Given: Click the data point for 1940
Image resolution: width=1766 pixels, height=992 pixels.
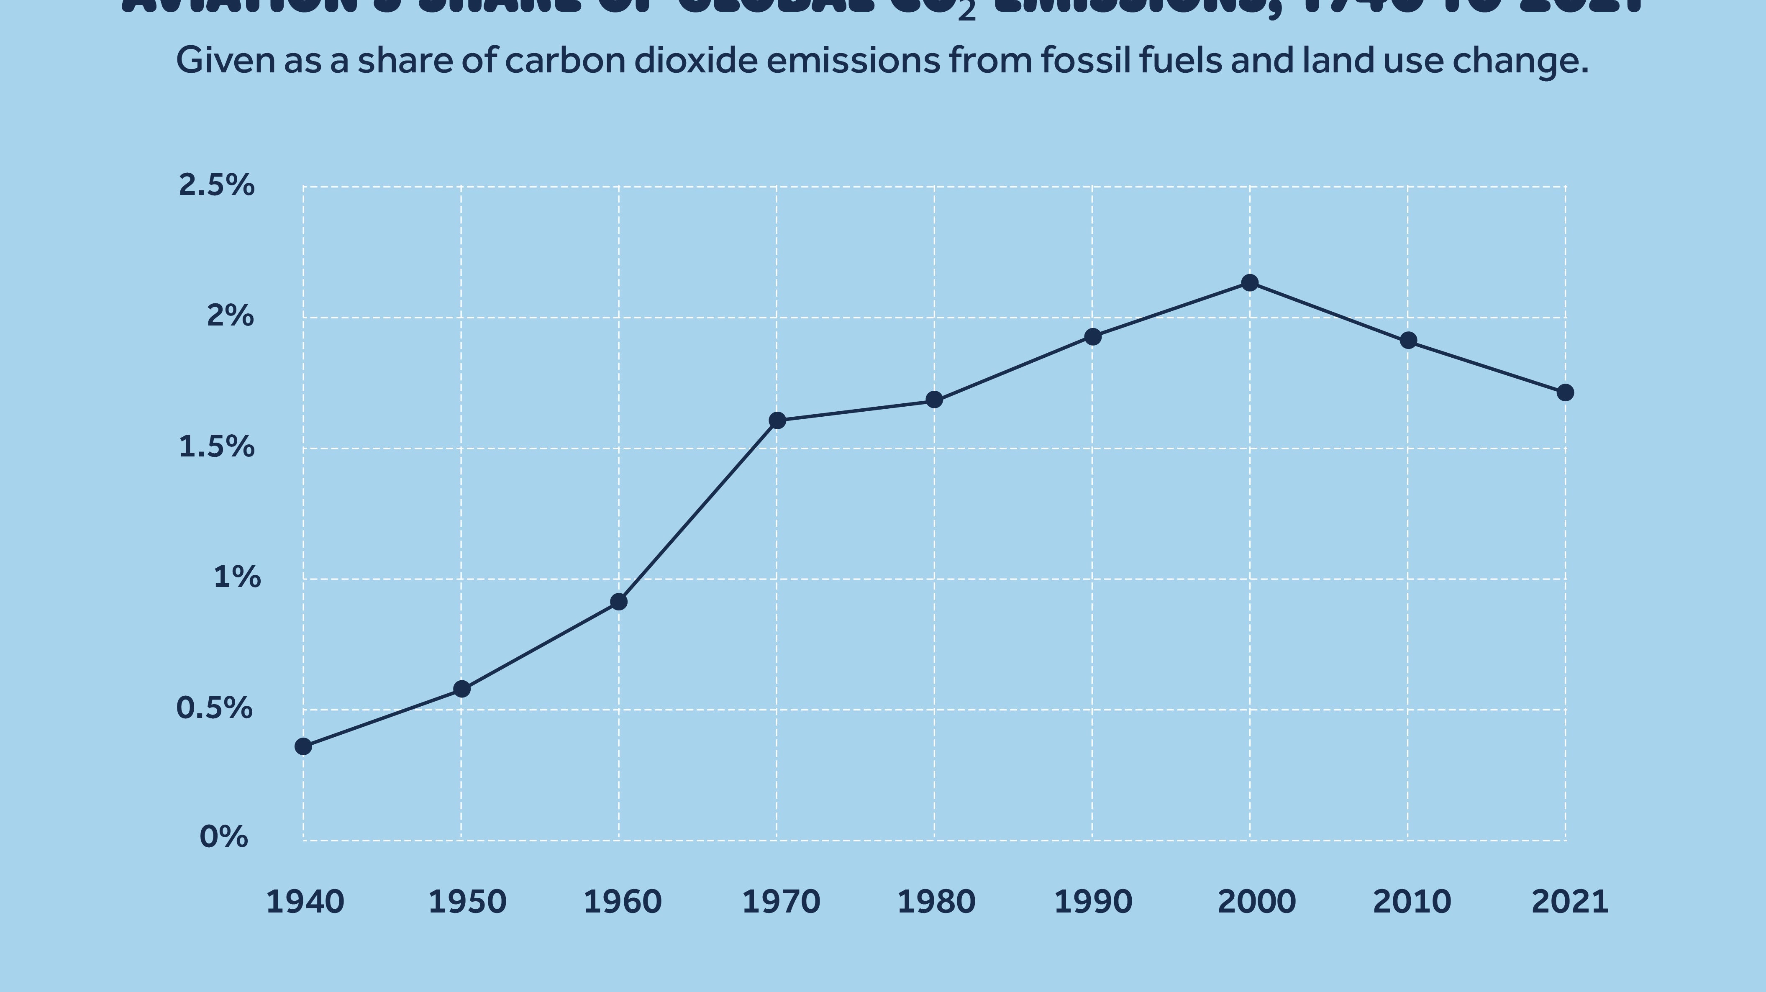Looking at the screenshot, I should click(x=303, y=746).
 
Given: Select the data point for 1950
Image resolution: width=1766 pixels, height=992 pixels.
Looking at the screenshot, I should click(x=462, y=689).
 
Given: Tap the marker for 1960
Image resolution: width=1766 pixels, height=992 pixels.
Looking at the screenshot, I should click(x=618, y=602).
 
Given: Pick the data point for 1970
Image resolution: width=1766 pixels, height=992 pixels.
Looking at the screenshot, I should click(x=777, y=420).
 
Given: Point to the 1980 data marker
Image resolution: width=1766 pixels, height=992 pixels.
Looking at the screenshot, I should click(x=934, y=400).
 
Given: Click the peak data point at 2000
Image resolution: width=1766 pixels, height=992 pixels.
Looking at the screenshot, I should click(x=1250, y=282).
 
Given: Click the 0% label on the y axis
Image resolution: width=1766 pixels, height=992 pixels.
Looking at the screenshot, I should click(x=223, y=837).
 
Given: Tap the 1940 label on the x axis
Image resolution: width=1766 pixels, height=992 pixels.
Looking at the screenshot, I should click(x=305, y=902).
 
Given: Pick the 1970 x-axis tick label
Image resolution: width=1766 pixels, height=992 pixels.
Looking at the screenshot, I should click(x=781, y=902).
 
